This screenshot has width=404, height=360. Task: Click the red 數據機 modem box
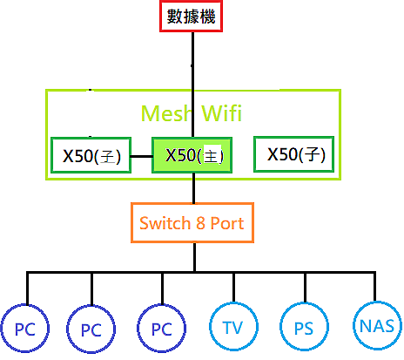tap(191, 16)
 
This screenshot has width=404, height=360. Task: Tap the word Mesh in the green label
tap(166, 113)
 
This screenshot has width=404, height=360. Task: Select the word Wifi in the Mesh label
tap(222, 112)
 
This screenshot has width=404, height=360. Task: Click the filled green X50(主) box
tap(192, 155)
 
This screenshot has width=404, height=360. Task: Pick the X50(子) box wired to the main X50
tap(91, 155)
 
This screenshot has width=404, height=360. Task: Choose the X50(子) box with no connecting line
tap(294, 154)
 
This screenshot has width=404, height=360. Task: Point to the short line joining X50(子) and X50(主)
tap(142, 156)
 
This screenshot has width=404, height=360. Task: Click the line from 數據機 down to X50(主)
tap(192, 85)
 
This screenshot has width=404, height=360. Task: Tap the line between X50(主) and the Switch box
tap(194, 188)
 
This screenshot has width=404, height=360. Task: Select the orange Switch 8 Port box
tap(192, 222)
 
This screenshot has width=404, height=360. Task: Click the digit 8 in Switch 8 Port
tap(200, 223)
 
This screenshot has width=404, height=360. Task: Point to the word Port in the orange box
tap(227, 223)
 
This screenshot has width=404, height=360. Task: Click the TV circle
tap(233, 326)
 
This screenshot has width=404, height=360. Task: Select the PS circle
tap(304, 327)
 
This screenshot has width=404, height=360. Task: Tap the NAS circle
tap(377, 326)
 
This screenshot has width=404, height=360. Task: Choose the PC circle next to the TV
tap(162, 329)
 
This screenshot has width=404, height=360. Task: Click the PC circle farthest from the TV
tap(25, 329)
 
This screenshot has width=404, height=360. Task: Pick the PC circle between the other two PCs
tap(91, 329)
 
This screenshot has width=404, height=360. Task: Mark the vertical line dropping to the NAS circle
tap(374, 287)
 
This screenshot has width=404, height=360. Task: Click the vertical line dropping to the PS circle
tap(305, 288)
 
